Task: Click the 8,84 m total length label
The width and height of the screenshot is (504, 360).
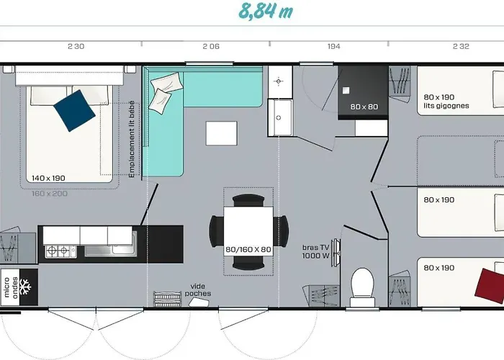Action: pyautogui.click(x=266, y=12)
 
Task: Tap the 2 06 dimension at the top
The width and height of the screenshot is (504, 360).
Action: pyautogui.click(x=211, y=47)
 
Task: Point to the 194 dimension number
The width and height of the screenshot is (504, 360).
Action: pyautogui.click(x=333, y=47)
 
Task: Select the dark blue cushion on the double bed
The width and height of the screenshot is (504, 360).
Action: pyautogui.click(x=74, y=111)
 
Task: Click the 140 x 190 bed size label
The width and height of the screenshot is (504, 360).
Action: pyautogui.click(x=48, y=178)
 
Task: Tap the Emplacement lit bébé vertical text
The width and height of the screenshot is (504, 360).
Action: pyautogui.click(x=132, y=139)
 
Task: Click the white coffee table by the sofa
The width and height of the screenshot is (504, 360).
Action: pyautogui.click(x=222, y=133)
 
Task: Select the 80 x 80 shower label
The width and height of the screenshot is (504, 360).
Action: pyautogui.click(x=364, y=107)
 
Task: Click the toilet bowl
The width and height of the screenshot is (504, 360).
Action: pyautogui.click(x=362, y=283)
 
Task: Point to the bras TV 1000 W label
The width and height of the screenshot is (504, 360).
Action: pyautogui.click(x=315, y=252)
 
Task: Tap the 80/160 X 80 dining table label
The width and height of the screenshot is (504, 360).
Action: pyautogui.click(x=248, y=249)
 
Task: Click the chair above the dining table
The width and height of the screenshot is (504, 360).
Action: pyautogui.click(x=248, y=200)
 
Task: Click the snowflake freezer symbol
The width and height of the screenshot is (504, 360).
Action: pyautogui.click(x=25, y=287)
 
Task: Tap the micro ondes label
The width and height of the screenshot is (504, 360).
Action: pyautogui.click(x=11, y=287)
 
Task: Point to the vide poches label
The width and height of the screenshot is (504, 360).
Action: pyautogui.click(x=198, y=290)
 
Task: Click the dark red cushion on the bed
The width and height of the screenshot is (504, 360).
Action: pyautogui.click(x=490, y=286)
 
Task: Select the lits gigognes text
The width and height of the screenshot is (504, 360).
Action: pyautogui.click(x=446, y=106)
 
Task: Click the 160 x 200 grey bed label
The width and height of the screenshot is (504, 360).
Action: pyautogui.click(x=50, y=194)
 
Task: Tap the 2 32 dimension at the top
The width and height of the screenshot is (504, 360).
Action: pyautogui.click(x=461, y=47)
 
